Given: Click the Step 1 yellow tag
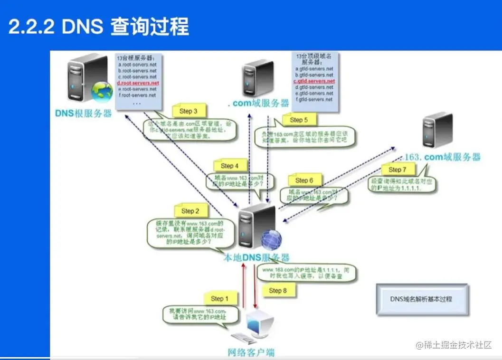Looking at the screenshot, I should [x=220, y=299].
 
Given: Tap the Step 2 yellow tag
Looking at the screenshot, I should [x=190, y=211].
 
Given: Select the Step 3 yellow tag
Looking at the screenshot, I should [x=189, y=111].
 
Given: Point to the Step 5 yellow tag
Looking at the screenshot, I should [x=299, y=120].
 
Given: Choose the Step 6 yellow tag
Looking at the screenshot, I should [x=304, y=180].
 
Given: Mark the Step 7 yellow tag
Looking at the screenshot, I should [x=398, y=170].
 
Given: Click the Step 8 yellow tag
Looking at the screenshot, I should [x=278, y=290].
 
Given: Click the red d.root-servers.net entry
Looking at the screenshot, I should [x=138, y=83].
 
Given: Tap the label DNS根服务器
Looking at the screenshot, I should [x=84, y=114].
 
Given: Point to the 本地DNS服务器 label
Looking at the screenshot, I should [x=256, y=257].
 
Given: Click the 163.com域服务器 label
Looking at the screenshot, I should [x=443, y=157].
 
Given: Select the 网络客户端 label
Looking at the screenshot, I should [x=251, y=352].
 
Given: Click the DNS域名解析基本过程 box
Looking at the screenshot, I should [x=421, y=299].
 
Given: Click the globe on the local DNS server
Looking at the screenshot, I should [x=271, y=239].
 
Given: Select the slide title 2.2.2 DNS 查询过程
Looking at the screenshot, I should [x=99, y=27].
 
